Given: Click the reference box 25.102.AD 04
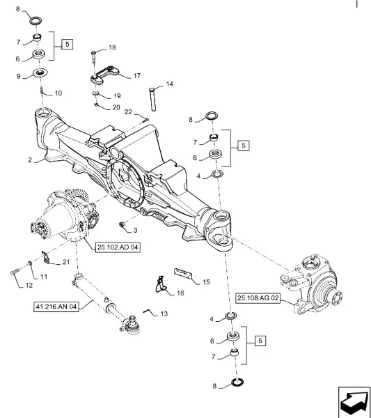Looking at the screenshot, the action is (118, 247).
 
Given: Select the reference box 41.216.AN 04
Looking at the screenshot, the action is (56, 307).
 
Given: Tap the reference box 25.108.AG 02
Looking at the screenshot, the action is (258, 297).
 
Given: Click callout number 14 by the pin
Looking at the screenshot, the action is (169, 84).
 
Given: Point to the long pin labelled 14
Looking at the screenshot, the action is (152, 99).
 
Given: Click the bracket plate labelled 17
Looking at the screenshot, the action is (105, 75).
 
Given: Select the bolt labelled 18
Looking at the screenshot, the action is (93, 57).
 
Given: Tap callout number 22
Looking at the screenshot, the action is (128, 112).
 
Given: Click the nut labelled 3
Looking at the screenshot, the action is (123, 224).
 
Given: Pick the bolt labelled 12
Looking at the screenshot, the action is (15, 272).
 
